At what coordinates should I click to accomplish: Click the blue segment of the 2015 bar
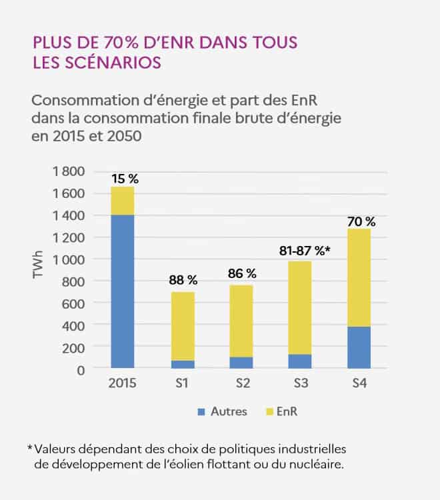pyautogui.click(x=122, y=291)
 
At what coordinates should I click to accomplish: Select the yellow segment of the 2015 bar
pyautogui.click(x=122, y=201)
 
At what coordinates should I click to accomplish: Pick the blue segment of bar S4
pyautogui.click(x=358, y=347)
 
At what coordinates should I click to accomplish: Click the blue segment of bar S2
pyautogui.click(x=240, y=363)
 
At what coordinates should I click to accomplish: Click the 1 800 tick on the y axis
pyautogui.click(x=68, y=171)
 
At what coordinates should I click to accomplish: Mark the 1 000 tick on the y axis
pyautogui.click(x=68, y=259)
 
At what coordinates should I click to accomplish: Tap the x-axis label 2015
pyautogui.click(x=122, y=386)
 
